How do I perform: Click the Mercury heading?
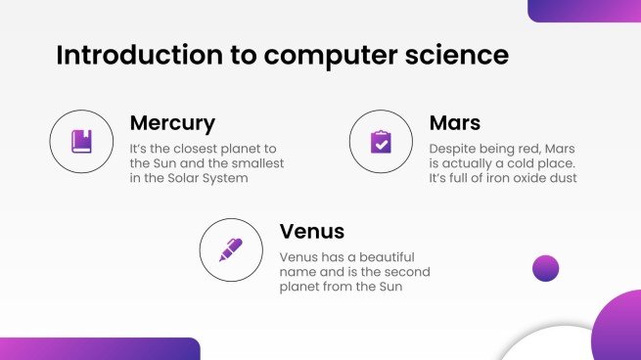tap(172, 124)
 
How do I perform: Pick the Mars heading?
tap(455, 124)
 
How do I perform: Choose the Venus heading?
tap(312, 232)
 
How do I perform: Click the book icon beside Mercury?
tap(81, 142)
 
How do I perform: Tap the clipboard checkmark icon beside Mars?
tap(381, 142)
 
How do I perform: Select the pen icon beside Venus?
tap(231, 249)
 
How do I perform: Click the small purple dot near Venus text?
tap(545, 268)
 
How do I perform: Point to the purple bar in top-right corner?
tap(584, 10)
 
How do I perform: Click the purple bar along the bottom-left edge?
tap(98, 349)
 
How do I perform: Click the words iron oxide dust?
tap(532, 178)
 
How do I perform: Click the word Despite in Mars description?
tap(454, 147)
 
